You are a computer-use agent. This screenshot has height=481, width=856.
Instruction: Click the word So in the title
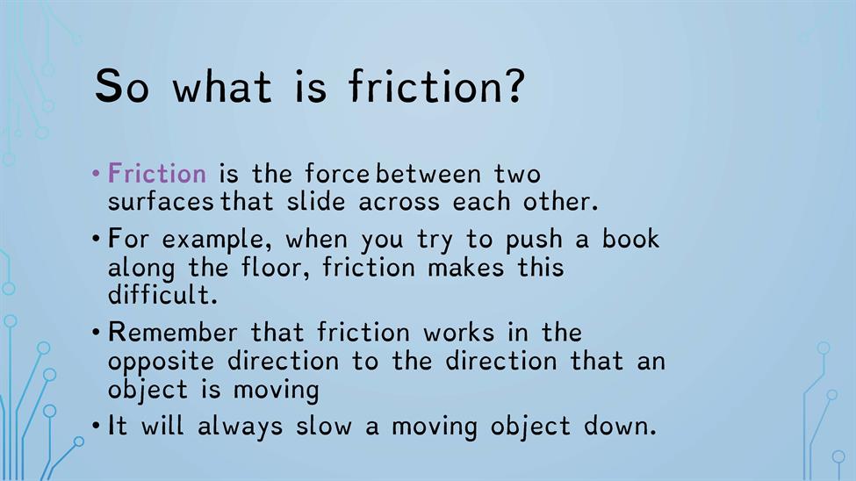click(122, 86)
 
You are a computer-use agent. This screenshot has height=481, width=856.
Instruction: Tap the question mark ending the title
click(513, 85)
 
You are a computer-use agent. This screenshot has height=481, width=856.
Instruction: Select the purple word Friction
click(157, 173)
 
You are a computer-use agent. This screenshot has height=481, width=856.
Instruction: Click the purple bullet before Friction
click(96, 174)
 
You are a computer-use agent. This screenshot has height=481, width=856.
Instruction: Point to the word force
click(337, 173)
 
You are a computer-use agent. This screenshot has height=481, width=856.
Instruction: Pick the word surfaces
click(161, 202)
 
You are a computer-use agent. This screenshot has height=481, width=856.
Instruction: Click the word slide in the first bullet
click(316, 201)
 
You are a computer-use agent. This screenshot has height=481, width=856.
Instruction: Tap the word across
click(399, 202)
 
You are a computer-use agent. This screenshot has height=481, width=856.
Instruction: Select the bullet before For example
click(96, 239)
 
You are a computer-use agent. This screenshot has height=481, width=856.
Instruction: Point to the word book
click(631, 238)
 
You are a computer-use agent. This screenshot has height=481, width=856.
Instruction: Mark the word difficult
click(162, 295)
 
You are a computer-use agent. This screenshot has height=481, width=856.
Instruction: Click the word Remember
click(172, 333)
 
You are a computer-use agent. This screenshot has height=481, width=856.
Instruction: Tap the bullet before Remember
click(96, 332)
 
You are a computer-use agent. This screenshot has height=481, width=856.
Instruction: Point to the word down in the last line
click(620, 426)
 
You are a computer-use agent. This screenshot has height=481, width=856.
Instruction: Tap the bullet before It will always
click(96, 426)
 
